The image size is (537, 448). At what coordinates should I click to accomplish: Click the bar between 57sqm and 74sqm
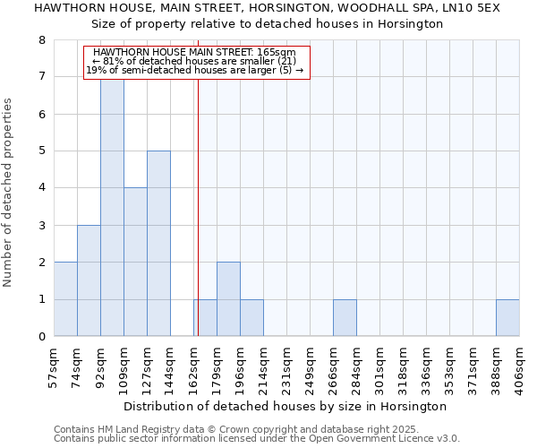tap(65, 299)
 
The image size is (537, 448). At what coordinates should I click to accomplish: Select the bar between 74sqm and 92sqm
tap(89, 280)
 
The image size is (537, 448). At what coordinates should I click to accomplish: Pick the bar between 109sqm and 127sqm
tap(135, 262)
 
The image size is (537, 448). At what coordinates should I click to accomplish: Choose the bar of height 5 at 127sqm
tap(158, 243)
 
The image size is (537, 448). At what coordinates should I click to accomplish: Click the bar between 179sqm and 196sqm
tap(228, 299)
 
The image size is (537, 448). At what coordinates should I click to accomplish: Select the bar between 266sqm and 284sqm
tap(345, 318)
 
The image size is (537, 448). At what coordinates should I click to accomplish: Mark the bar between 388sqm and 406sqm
tap(507, 318)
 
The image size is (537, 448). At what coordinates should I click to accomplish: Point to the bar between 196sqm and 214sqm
tap(251, 318)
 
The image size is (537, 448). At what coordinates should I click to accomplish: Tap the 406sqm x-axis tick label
tap(519, 366)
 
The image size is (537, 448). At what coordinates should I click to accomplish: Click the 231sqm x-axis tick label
tap(286, 366)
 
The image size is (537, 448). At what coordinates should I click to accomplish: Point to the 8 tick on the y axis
tap(41, 40)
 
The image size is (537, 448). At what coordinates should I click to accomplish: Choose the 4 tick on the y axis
tap(41, 188)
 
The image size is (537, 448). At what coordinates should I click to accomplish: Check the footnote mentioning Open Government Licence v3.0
tap(257, 439)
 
